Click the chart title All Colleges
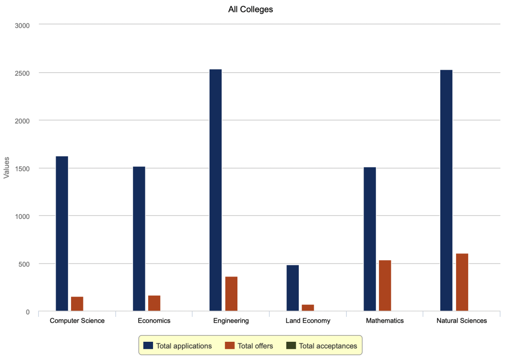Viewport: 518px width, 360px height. coord(250,9)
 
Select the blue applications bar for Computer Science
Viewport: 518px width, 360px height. coord(62,234)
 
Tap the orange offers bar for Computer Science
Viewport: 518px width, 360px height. coord(77,304)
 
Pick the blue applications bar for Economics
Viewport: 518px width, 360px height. coord(139,239)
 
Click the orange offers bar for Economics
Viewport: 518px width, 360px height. coord(154,303)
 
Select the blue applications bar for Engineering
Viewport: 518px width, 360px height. coord(216,190)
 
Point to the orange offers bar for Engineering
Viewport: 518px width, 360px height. coord(231,294)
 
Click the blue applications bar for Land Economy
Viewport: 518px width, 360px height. coord(293,288)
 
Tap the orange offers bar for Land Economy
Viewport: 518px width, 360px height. coord(308,308)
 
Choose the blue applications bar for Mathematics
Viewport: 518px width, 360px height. coord(370,239)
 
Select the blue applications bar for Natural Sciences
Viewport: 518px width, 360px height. coord(447,191)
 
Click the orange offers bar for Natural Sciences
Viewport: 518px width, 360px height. coord(462,282)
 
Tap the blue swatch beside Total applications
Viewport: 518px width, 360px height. coord(148,346)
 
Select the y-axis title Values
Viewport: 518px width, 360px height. coord(6,168)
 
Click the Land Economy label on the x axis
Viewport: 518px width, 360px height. coord(308,321)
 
